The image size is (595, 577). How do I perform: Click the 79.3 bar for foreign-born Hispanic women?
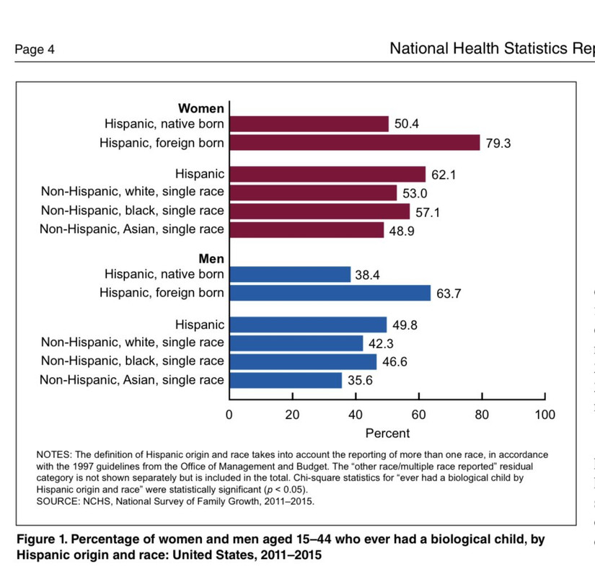click(354, 142)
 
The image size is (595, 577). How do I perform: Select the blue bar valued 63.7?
click(330, 293)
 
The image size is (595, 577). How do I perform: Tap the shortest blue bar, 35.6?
click(286, 380)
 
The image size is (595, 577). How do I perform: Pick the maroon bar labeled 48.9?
click(307, 230)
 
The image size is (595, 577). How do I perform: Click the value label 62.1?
click(443, 175)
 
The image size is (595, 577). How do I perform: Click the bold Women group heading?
click(201, 109)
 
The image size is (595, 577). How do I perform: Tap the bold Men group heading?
click(211, 259)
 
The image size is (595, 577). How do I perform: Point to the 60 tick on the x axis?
click(418, 415)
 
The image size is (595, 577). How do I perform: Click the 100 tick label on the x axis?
click(545, 415)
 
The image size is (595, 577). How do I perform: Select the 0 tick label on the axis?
click(229, 415)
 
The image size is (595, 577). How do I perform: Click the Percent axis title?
click(387, 433)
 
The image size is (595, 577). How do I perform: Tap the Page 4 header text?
click(35, 50)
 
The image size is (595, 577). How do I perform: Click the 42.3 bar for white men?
click(296, 343)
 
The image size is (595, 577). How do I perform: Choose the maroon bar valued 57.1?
click(319, 211)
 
